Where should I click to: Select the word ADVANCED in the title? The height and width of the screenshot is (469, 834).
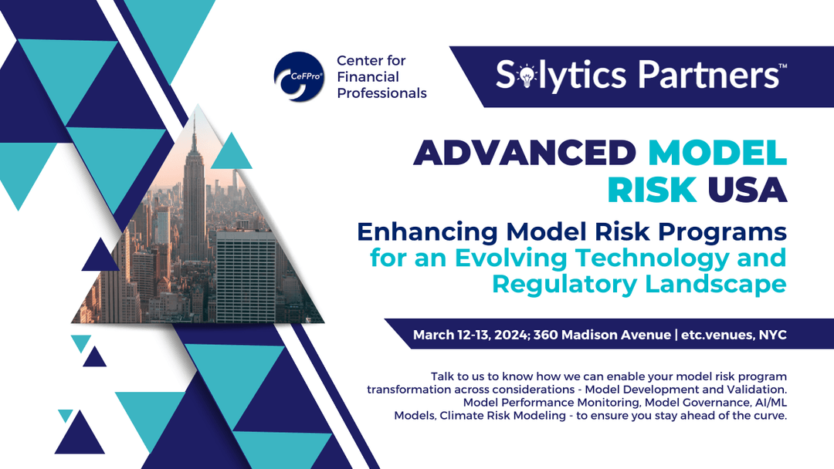[x=523, y=153]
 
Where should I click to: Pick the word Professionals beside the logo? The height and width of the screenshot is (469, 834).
[x=381, y=93]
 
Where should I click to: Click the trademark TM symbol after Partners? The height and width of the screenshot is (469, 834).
[x=782, y=67]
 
